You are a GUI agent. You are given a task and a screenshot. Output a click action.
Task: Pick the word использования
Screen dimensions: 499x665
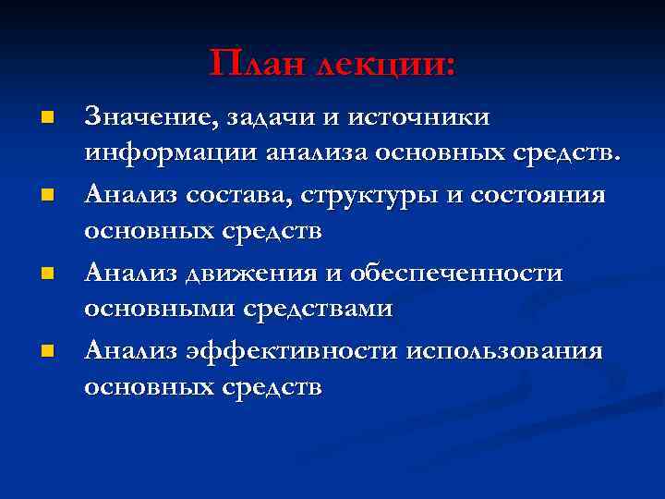pos(504,352)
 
